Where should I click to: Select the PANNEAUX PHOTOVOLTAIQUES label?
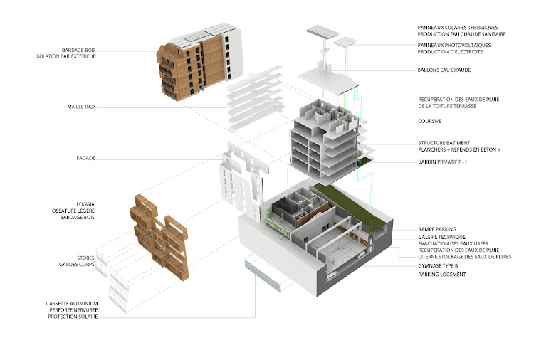(x=454, y=45)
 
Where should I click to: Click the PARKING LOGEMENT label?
(x=442, y=275)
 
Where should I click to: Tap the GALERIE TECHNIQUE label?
(x=441, y=236)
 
